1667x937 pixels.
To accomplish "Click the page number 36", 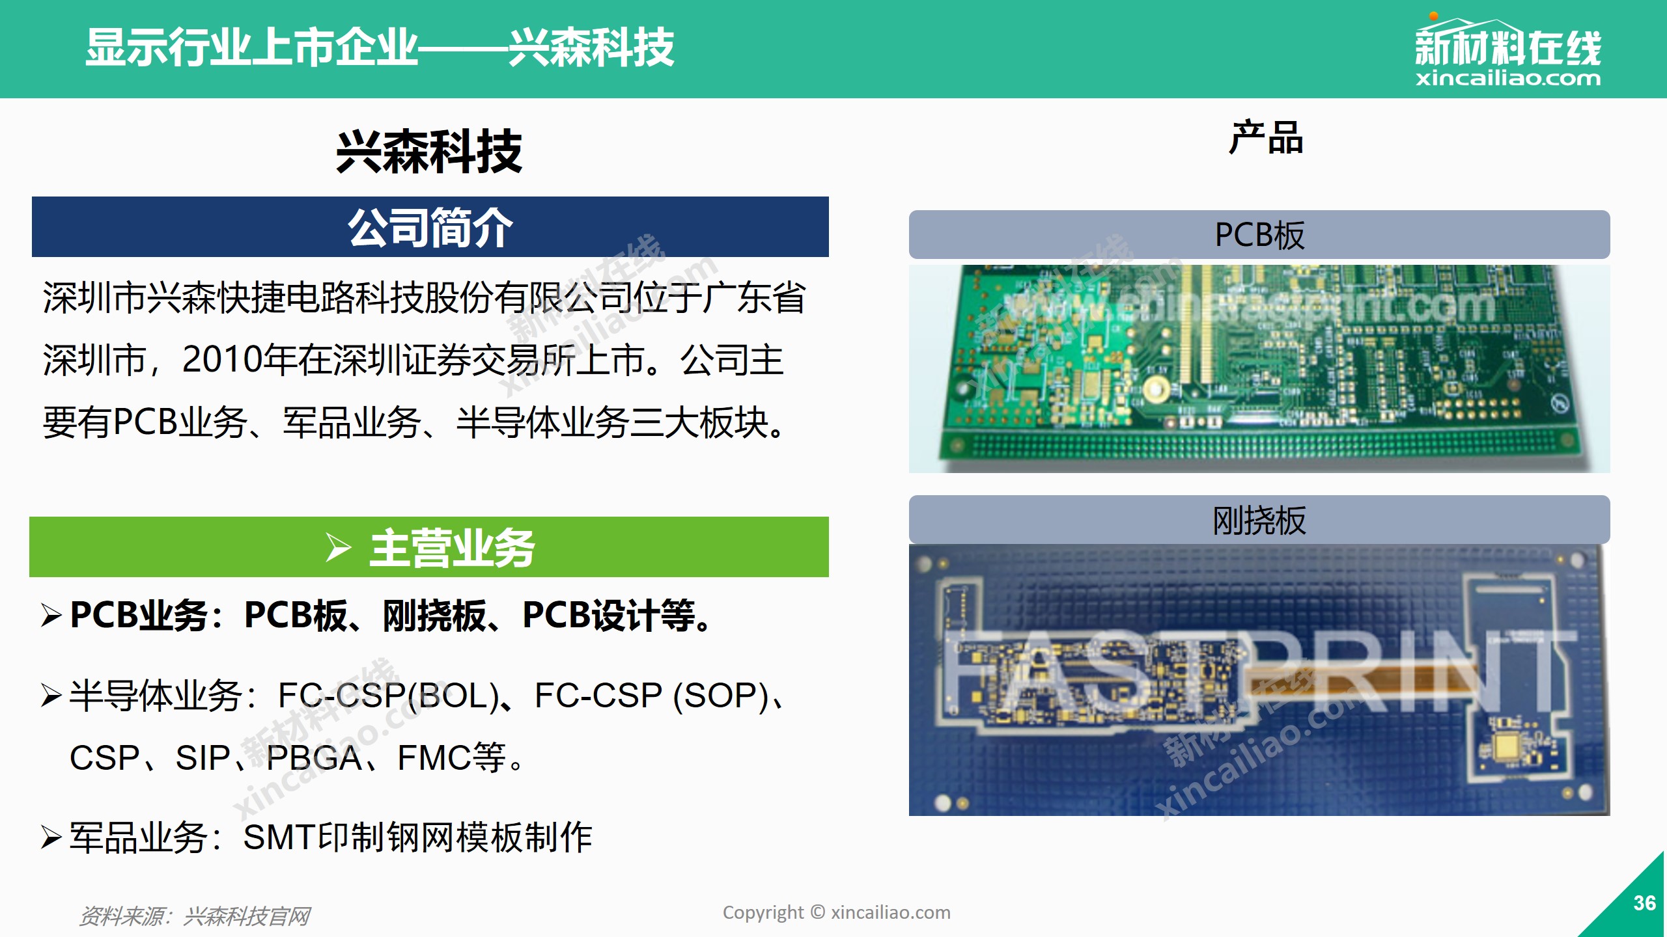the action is coord(1644,903).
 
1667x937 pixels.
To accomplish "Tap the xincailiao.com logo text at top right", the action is coord(1507,79).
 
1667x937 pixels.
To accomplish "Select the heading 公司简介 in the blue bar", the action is coord(430,228).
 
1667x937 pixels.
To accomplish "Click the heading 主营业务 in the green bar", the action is coord(452,548).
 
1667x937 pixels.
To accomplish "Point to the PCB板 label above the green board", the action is coord(1259,235).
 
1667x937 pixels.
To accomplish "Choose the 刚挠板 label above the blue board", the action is coord(1259,521).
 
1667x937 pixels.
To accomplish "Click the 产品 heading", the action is coord(1266,138).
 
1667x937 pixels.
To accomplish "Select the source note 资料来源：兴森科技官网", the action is coord(194,916).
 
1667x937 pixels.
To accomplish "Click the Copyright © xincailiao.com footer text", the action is coord(837,912).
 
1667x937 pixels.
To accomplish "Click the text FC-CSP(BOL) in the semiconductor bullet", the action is coord(389,696).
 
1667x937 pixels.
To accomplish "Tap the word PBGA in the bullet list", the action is coord(314,758).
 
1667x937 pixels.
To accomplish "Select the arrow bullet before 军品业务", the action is coord(51,837).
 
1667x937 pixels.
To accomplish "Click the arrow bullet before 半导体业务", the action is coord(51,695).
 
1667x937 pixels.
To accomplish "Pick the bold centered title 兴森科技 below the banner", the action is coord(429,152).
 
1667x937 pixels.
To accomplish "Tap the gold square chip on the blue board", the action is coord(1507,746).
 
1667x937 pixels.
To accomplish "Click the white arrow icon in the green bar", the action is coord(338,547).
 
